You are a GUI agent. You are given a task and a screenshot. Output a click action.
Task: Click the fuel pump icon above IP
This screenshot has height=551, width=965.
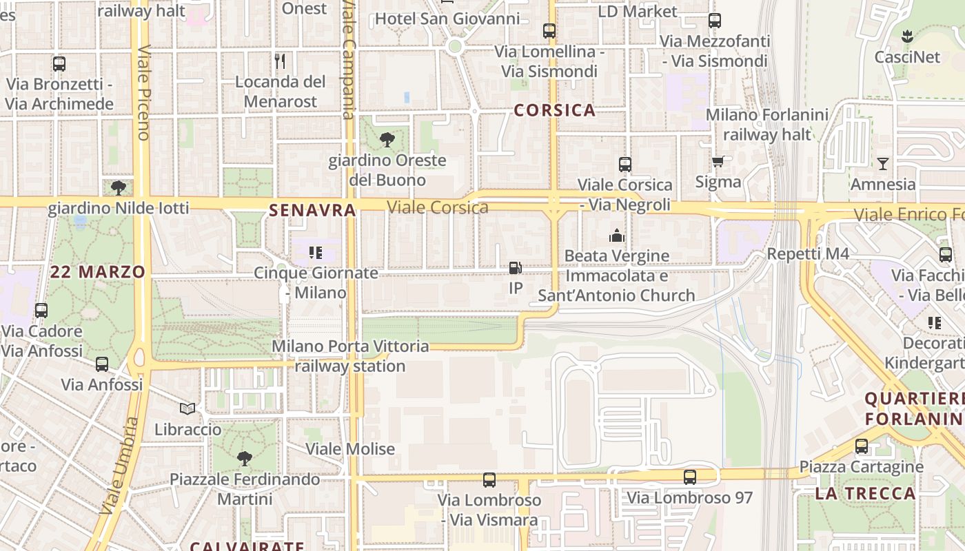515,268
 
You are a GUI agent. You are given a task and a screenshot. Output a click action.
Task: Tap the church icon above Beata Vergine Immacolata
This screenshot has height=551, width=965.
616,236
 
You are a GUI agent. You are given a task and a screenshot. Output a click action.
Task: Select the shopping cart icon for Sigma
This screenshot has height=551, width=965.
718,162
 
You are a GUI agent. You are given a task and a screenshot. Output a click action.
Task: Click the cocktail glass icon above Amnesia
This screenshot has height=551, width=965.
883,164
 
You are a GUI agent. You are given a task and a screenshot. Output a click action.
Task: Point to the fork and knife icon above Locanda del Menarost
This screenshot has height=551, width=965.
280,61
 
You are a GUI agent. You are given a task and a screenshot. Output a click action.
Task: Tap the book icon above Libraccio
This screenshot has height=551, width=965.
187,409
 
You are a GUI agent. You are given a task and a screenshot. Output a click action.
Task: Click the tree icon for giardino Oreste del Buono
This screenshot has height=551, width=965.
387,140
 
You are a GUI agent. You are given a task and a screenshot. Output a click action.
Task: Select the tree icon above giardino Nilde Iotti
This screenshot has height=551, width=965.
119,187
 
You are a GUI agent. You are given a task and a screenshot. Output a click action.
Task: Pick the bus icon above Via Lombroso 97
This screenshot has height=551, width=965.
690,477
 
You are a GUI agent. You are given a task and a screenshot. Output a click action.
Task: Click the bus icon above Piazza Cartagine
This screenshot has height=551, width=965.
862,446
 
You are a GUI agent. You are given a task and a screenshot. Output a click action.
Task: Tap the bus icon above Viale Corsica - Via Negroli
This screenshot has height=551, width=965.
625,165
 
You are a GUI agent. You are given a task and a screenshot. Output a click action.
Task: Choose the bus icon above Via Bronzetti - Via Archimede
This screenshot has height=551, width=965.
59,64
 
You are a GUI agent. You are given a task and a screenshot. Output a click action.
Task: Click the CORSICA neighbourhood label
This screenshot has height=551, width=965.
554,110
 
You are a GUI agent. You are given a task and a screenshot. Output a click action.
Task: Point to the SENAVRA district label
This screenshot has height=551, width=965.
312,211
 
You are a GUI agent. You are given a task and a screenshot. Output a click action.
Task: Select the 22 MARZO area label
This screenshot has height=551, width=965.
97,272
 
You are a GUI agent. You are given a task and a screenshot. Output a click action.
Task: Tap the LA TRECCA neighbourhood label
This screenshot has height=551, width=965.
865,493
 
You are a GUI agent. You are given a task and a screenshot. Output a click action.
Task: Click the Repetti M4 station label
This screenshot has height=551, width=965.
808,254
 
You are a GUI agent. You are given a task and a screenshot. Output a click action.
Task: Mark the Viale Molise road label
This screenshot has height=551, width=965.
350,449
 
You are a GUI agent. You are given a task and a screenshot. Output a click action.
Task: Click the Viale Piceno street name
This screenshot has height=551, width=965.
144,93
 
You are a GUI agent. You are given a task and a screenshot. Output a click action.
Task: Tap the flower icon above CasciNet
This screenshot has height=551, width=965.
907,37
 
